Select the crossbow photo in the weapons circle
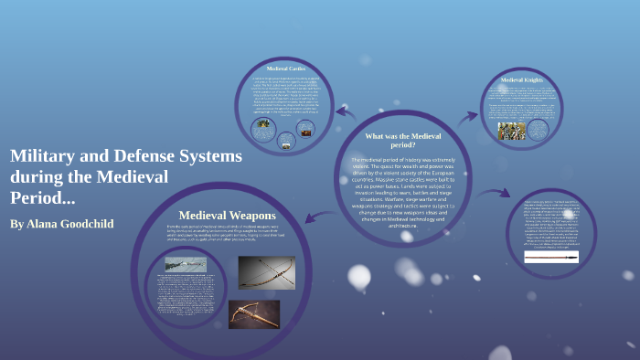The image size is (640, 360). pyautogui.click(x=254, y=313)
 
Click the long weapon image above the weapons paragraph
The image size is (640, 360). pyautogui.click(x=186, y=264)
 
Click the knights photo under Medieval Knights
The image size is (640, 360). pyautogui.click(x=512, y=130)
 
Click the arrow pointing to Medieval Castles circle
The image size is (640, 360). pyautogui.click(x=344, y=113)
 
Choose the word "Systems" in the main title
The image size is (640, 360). pyautogui.click(x=209, y=156)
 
